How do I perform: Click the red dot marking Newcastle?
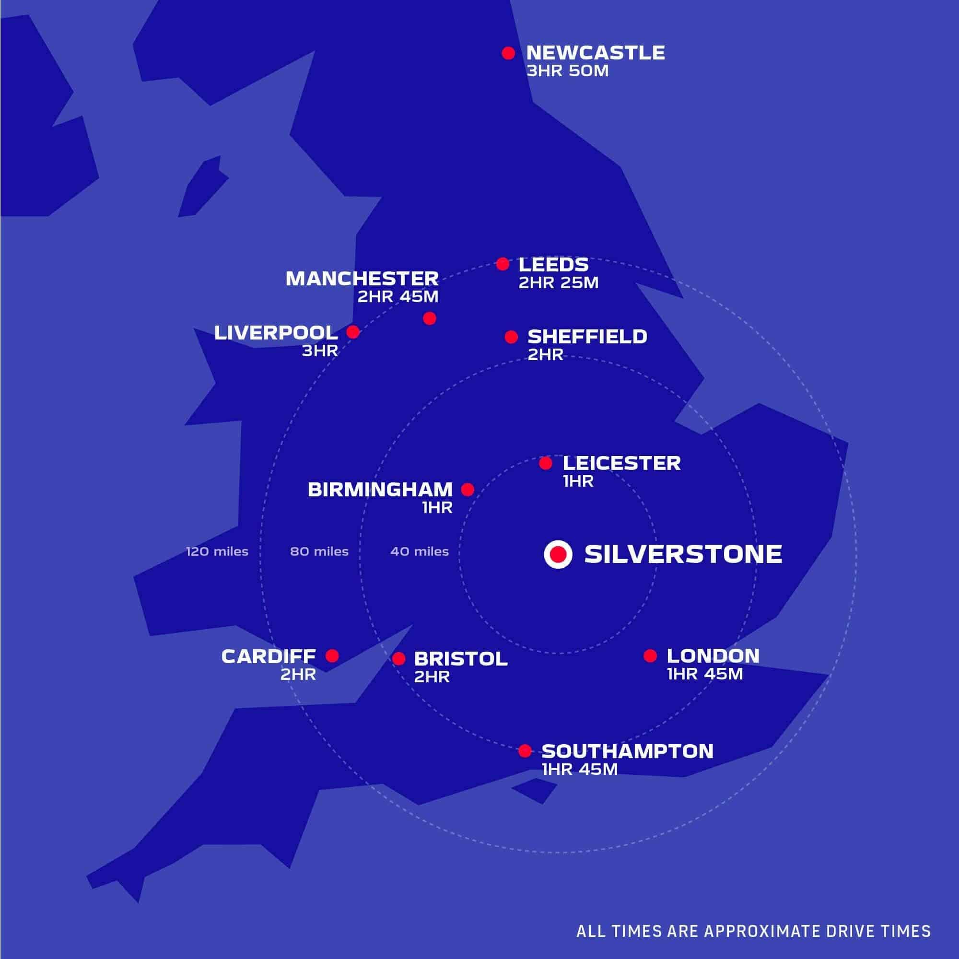[508, 53]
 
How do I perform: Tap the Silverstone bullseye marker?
[558, 554]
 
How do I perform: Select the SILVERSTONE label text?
[683, 554]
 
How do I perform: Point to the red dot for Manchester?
[429, 318]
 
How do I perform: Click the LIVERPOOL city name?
[276, 333]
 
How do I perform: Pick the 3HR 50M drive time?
[567, 71]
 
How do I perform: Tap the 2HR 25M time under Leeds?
[559, 283]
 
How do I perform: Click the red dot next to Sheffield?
[511, 337]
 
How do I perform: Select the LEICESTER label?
[621, 463]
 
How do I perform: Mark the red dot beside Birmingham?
[468, 490]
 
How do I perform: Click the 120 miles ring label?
[217, 551]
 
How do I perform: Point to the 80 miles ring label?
[319, 551]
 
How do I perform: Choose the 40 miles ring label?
[420, 551]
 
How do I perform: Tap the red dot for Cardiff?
[332, 655]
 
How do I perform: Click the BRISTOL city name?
[461, 659]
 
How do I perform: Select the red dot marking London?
[650, 655]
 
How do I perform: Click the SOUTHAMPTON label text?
[627, 751]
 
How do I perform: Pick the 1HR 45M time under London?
[705, 674]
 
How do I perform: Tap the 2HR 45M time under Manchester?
[398, 297]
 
